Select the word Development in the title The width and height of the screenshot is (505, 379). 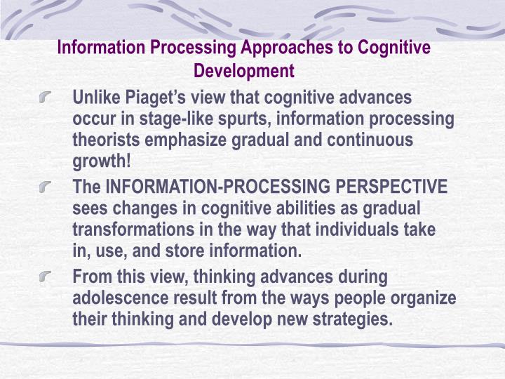point(243,71)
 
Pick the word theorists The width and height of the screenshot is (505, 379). point(105,140)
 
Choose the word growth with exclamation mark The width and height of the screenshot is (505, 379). point(102,161)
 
